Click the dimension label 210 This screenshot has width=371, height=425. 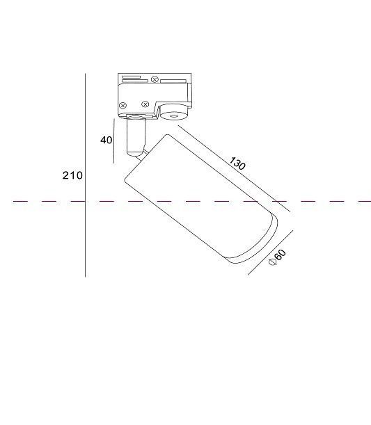coord(72,175)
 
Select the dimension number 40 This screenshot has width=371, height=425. coord(106,140)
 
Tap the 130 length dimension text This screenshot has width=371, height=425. coord(237,163)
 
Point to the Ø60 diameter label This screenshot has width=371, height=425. coord(277,257)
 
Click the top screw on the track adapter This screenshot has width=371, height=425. coord(155,79)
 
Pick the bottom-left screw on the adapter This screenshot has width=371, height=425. coord(123,106)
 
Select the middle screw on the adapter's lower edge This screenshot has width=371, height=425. coord(145,104)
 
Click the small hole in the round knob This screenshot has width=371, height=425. coord(173,117)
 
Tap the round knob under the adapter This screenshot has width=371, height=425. coord(173,112)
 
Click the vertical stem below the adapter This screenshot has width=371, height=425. coord(136,136)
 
